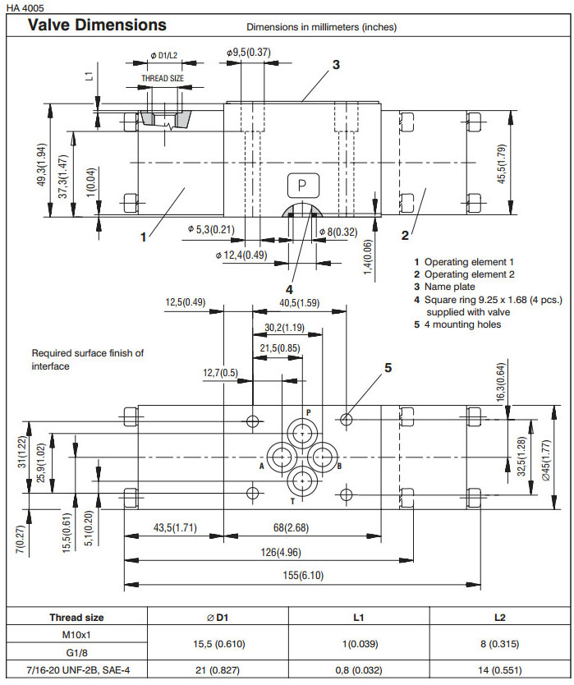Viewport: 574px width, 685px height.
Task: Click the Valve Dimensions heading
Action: [x=97, y=25]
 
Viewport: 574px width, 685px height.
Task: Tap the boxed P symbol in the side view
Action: [x=301, y=186]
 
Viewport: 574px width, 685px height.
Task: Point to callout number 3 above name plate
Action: [x=336, y=65]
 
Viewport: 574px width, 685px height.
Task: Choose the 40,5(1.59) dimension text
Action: [x=300, y=303]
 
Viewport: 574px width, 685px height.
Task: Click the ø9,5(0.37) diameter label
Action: [x=249, y=53]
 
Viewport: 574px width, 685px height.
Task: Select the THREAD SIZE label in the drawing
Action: [x=163, y=79]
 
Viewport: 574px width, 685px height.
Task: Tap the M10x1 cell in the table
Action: [x=76, y=634]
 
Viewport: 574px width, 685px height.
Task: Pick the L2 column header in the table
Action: [x=500, y=617]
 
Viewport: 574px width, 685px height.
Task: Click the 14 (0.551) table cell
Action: [x=500, y=670]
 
